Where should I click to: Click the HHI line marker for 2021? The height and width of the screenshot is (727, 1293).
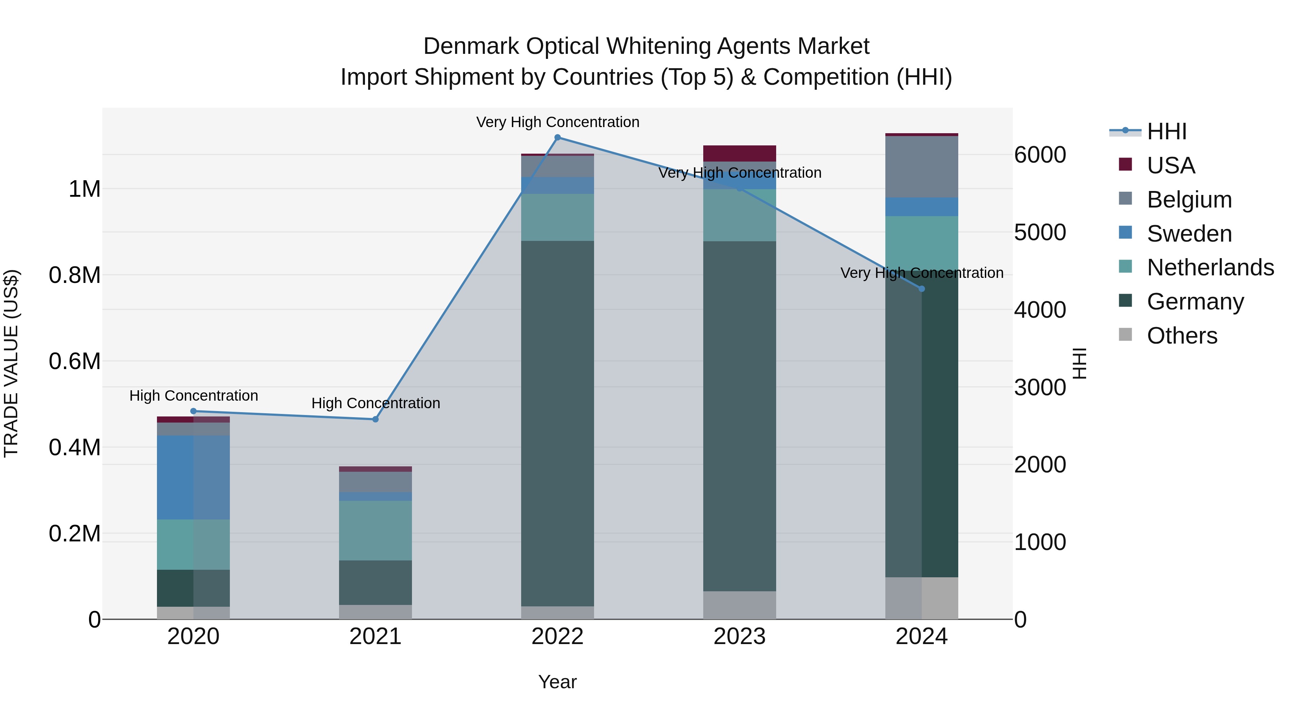(x=375, y=419)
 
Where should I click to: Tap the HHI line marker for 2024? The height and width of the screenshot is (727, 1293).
(x=922, y=289)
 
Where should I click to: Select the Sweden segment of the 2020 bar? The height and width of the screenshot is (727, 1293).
(x=193, y=477)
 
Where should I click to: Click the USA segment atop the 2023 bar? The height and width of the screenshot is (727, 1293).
(x=740, y=153)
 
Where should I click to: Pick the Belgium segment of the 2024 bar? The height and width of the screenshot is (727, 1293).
(x=922, y=167)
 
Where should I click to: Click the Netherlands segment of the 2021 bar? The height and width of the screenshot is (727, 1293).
(x=375, y=530)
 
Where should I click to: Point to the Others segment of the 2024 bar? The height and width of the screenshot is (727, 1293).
(x=922, y=598)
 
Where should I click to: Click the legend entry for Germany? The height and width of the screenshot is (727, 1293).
(x=1195, y=302)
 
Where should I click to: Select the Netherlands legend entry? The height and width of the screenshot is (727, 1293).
(x=1210, y=267)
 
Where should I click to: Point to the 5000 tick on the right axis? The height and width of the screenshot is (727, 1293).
(x=1040, y=232)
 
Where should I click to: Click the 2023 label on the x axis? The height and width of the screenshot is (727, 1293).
(x=740, y=637)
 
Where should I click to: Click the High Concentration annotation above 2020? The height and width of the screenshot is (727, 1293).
(x=194, y=396)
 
